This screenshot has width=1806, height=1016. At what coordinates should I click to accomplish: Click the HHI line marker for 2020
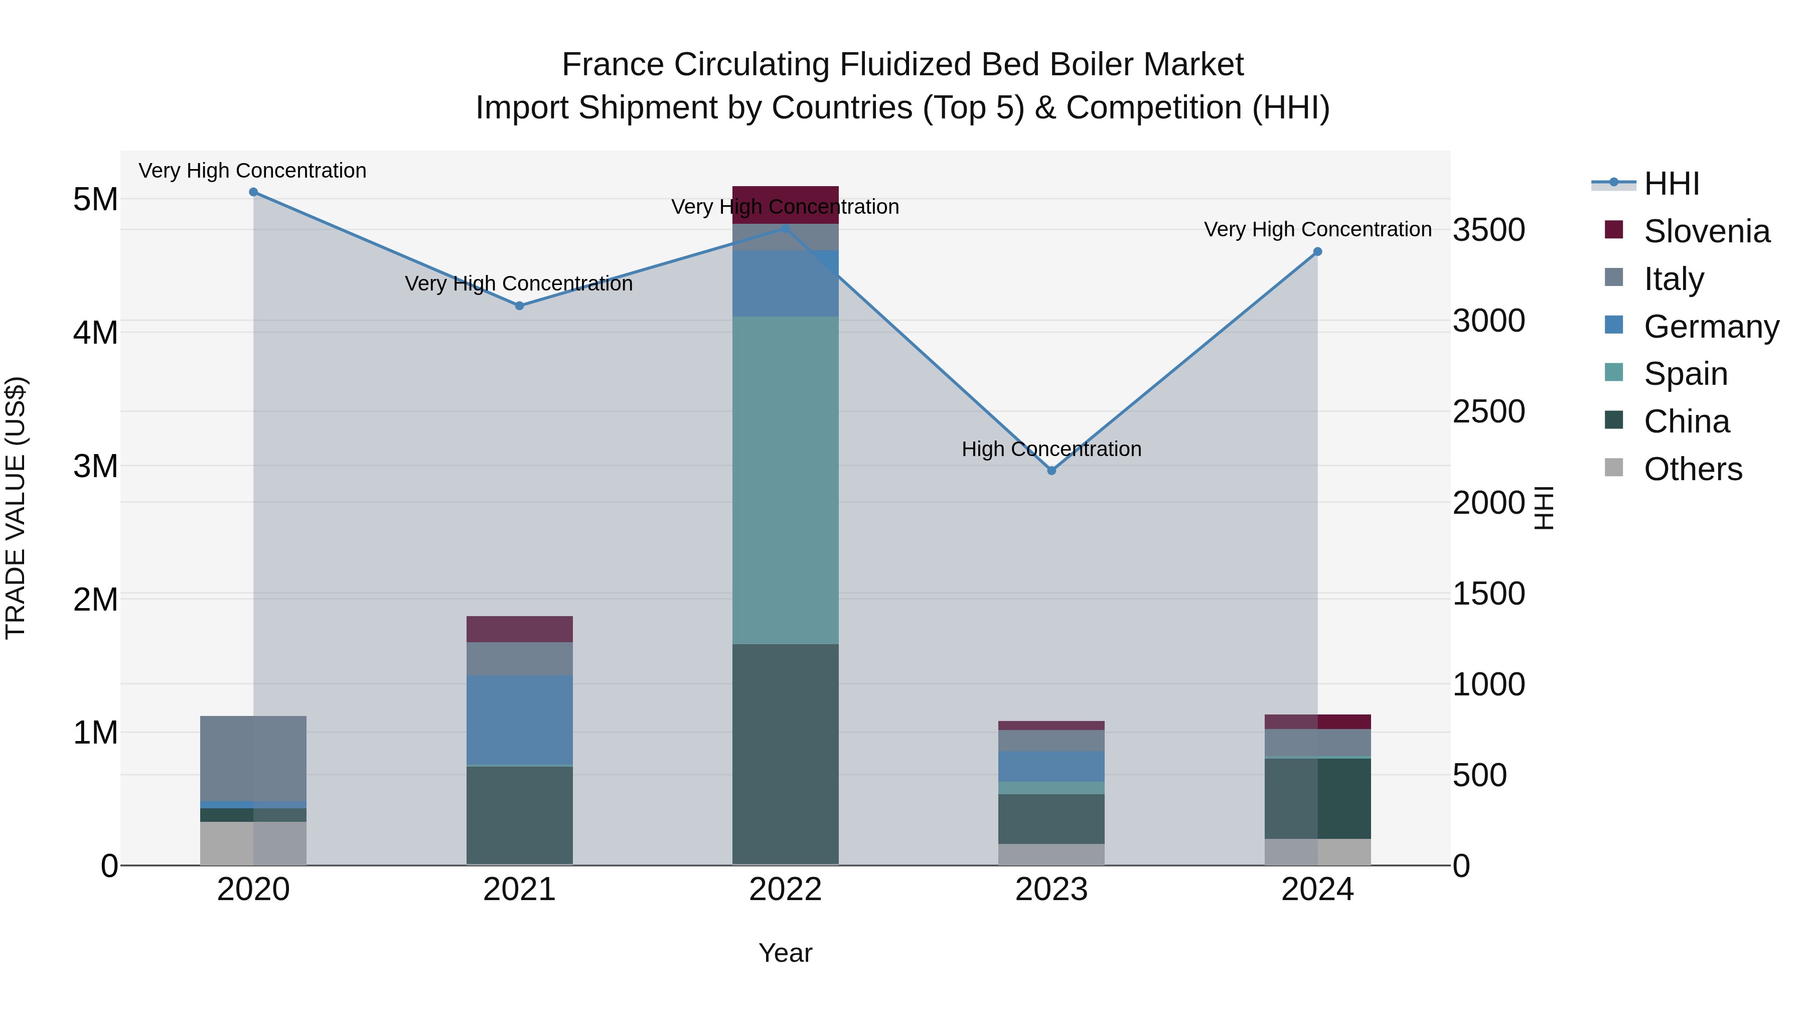click(x=253, y=192)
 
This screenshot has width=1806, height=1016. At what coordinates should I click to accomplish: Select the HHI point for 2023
click(x=1051, y=471)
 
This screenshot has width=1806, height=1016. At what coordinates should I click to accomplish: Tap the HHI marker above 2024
click(x=1317, y=252)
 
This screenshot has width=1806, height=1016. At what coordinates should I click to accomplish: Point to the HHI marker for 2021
click(x=520, y=306)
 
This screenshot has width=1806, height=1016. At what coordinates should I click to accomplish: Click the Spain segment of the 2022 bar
click(x=785, y=480)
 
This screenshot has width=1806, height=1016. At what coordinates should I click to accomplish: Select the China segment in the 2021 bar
click(x=520, y=815)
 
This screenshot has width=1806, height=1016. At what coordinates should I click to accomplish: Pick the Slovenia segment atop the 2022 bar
click(x=785, y=205)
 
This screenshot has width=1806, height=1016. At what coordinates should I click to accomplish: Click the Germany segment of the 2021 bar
click(x=520, y=719)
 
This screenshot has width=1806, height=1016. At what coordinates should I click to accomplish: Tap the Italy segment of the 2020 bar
click(x=253, y=758)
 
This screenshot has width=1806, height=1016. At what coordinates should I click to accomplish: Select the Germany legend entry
click(x=1711, y=327)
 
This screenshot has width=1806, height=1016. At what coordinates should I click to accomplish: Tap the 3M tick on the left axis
click(x=95, y=466)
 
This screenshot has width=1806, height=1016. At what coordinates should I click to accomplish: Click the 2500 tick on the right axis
click(x=1488, y=411)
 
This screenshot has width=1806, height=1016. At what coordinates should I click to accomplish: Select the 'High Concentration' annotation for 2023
click(x=1051, y=449)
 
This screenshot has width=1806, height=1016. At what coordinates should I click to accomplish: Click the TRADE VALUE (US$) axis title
click(x=16, y=508)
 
